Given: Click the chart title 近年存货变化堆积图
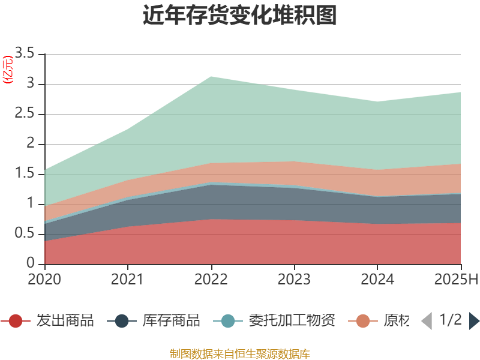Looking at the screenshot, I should [240, 16].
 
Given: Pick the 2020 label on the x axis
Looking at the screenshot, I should [44, 279].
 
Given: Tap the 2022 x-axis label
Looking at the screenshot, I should [211, 279].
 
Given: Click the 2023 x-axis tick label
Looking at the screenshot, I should [294, 279].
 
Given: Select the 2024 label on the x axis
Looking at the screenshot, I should [377, 279].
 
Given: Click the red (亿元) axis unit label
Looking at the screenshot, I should [8, 70].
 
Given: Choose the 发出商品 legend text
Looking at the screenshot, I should [65, 320].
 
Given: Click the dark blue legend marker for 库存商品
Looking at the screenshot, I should [122, 321].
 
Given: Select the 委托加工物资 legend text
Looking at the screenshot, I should [292, 320].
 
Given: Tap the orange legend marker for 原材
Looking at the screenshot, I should [363, 321].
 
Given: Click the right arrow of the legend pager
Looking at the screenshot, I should [474, 321].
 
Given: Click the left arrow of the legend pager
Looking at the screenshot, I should [426, 321].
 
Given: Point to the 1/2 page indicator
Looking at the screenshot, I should [450, 320].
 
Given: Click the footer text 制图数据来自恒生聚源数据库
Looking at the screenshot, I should [240, 353].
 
